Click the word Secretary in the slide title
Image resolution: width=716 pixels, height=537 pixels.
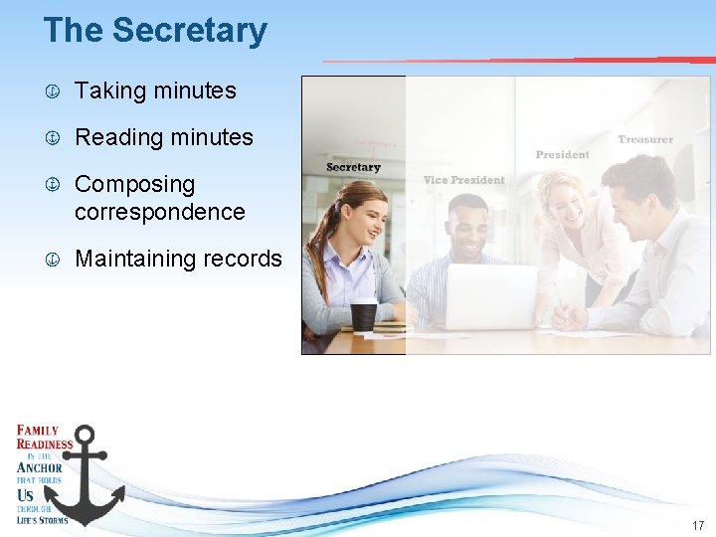click(190, 30)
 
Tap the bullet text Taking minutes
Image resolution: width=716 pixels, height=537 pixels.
click(155, 90)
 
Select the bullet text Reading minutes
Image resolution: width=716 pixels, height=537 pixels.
click(164, 137)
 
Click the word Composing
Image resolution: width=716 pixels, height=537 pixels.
click(134, 184)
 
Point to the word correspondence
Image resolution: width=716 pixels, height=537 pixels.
click(159, 212)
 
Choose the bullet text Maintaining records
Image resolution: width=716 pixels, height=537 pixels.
click(178, 259)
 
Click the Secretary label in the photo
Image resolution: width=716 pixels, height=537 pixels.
click(353, 167)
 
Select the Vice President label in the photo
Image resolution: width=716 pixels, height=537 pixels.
click(463, 180)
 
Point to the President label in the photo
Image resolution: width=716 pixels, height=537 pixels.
click(562, 154)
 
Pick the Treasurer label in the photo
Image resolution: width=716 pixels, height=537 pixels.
click(645, 139)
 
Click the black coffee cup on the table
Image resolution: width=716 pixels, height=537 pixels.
click(364, 315)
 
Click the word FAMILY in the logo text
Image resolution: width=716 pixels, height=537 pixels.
click(37, 431)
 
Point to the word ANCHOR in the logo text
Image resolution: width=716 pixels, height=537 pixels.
click(40, 467)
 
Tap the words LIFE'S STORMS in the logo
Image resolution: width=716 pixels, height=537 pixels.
click(42, 519)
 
